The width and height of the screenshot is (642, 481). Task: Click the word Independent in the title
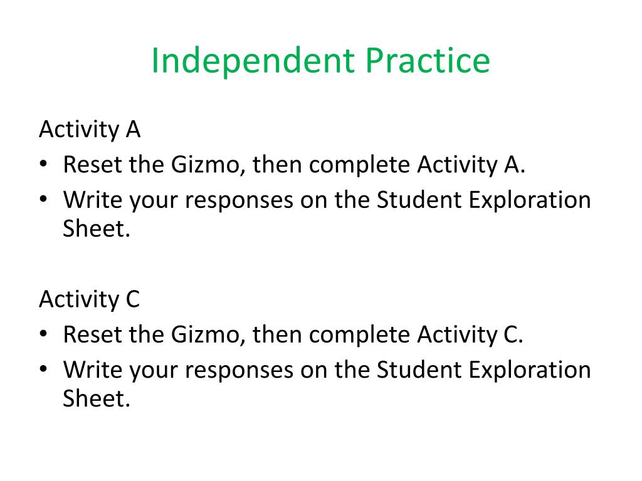click(253, 61)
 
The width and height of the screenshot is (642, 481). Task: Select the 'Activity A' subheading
click(90, 130)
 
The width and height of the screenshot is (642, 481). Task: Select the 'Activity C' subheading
click(89, 300)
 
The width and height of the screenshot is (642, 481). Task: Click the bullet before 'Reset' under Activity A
click(44, 164)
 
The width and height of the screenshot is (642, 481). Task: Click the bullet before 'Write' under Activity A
click(44, 199)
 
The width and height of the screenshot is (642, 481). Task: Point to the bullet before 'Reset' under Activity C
click(44, 334)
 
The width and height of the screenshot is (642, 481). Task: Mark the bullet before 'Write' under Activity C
click(44, 369)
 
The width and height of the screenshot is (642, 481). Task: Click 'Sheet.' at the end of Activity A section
click(96, 229)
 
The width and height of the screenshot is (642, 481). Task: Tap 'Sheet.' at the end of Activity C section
click(96, 398)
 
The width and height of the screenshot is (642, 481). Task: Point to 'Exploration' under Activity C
click(530, 371)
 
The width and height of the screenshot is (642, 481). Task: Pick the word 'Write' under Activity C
click(93, 370)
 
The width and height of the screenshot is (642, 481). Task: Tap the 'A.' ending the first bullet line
click(515, 165)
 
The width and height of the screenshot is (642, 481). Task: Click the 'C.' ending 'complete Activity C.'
click(513, 334)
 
